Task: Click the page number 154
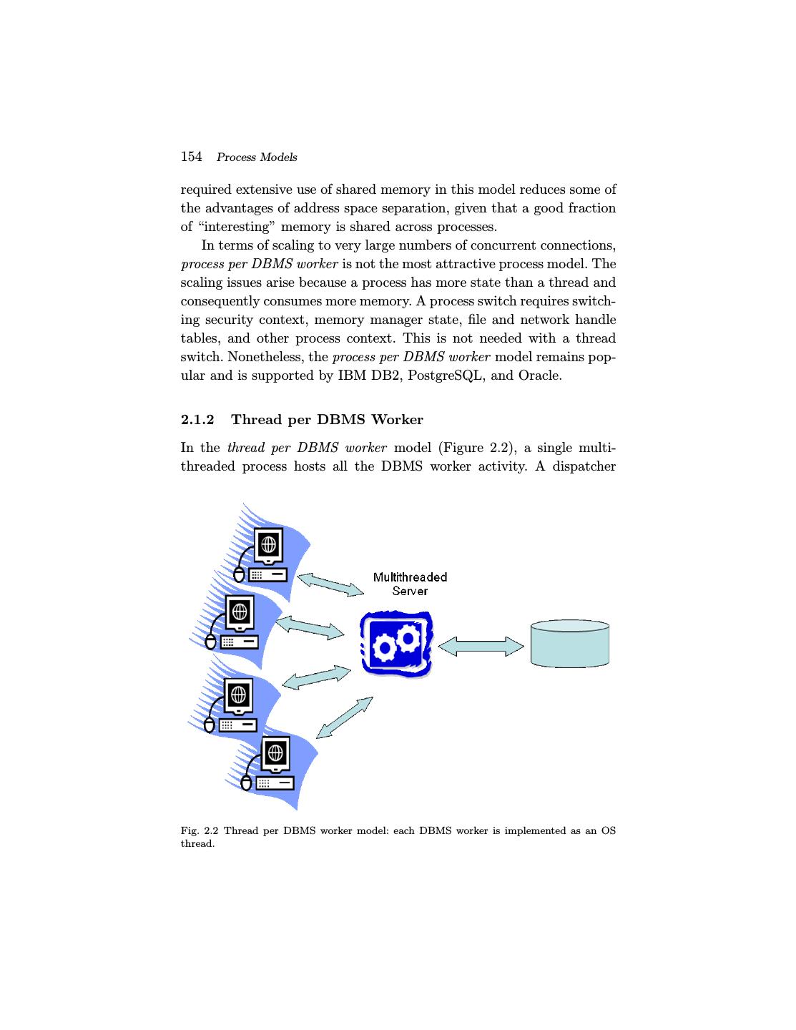pos(191,157)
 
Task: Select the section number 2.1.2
pos(197,420)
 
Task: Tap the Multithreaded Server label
pos(410,584)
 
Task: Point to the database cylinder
pos(569,644)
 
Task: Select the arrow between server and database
pos(481,647)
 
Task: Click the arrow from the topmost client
pos(330,584)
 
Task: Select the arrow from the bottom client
pos(344,717)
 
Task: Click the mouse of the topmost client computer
pos(239,574)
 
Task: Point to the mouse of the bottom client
pos(247,783)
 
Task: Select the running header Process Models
pos(257,157)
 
